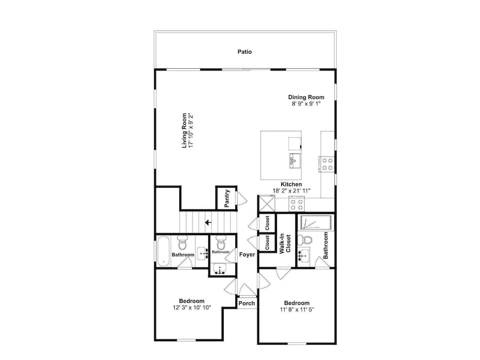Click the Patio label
[245, 52]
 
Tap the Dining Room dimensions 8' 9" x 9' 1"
[306, 104]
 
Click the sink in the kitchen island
[295, 161]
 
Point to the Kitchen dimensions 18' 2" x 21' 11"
[291, 191]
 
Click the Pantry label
[227, 198]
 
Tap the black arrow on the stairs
[208, 222]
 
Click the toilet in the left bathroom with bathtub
[182, 242]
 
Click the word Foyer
[247, 254]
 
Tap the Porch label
[246, 303]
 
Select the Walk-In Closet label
[285, 243]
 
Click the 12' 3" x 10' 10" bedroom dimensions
[192, 308]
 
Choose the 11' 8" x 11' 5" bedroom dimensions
[297, 310]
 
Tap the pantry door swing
[241, 198]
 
